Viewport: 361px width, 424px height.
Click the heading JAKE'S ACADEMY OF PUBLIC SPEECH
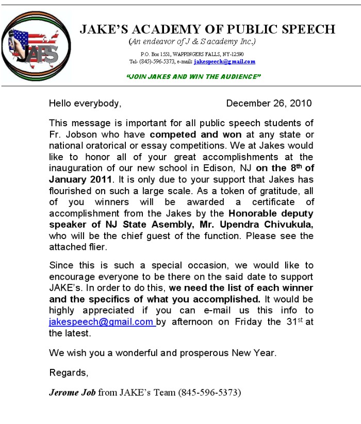tap(207, 29)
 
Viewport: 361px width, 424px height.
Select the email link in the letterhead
tap(224, 62)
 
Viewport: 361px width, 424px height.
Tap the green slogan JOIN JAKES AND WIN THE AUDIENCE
tap(193, 76)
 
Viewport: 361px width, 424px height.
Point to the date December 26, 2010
tap(269, 103)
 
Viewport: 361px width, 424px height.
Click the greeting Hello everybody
tap(85, 103)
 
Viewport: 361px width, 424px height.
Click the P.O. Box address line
tap(192, 54)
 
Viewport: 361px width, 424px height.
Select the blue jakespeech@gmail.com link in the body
tap(101, 321)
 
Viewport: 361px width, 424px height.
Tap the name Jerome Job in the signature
tap(72, 392)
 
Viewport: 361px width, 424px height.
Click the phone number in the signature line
tap(209, 392)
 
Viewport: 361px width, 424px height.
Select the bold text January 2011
tap(80, 179)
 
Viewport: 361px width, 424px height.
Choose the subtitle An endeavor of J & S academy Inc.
tap(192, 42)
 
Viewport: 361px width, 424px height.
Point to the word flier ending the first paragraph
tap(94, 247)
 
